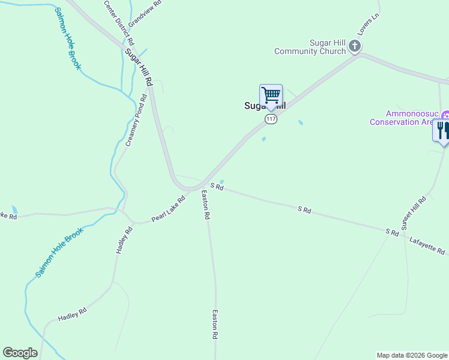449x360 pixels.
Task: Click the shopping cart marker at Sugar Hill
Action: (x=271, y=96)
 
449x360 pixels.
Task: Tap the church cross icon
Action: (x=355, y=46)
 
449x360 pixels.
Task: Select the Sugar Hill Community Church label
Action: (x=310, y=47)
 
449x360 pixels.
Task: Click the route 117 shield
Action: (x=271, y=119)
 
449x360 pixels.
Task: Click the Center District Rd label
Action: (x=119, y=22)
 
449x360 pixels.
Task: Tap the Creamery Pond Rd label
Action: (x=136, y=121)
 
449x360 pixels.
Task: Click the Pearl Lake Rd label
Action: (x=168, y=209)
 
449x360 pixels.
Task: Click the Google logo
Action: (x=20, y=353)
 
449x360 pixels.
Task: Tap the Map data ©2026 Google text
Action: (x=412, y=355)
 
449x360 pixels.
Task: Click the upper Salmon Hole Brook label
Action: (x=67, y=38)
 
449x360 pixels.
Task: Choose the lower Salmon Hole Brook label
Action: (x=58, y=254)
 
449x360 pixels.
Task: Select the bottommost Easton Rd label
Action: (x=215, y=325)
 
